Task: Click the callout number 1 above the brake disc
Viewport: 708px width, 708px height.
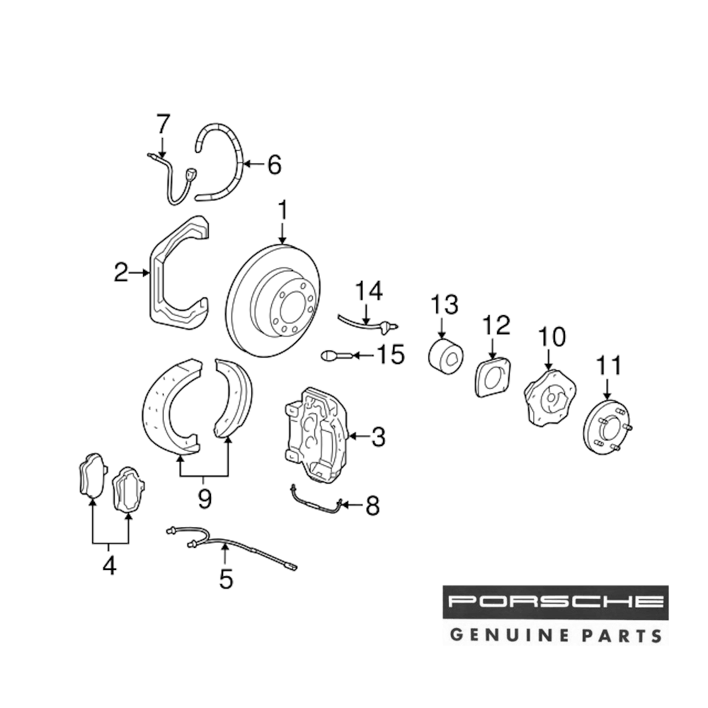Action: pyautogui.click(x=282, y=211)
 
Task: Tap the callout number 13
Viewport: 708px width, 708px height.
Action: pyautogui.click(x=445, y=305)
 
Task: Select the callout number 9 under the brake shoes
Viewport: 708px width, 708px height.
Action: pyautogui.click(x=204, y=499)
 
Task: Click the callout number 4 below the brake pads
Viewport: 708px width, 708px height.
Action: pyautogui.click(x=109, y=566)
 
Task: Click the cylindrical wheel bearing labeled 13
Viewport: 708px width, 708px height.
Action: pyautogui.click(x=445, y=355)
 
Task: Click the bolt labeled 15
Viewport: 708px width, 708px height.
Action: pyautogui.click(x=333, y=355)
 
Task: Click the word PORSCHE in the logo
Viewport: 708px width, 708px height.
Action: pyautogui.click(x=555, y=603)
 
